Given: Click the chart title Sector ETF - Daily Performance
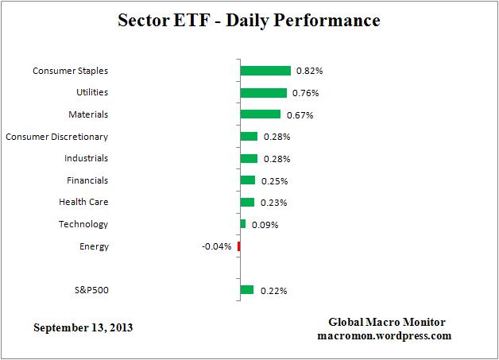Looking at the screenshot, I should [x=249, y=19].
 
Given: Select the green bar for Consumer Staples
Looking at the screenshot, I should [x=265, y=71].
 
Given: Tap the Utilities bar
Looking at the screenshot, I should [x=263, y=93].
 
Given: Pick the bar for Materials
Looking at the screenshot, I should [x=260, y=114].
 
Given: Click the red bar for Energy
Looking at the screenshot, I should [x=238, y=246].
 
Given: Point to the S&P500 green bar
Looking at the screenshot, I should [x=246, y=290].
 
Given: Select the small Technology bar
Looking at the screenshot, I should [x=242, y=224].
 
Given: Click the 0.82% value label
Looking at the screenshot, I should [x=309, y=71].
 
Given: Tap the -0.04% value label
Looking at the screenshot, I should [x=217, y=246].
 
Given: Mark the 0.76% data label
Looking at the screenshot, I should [x=305, y=93].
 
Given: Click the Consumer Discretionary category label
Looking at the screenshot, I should [x=56, y=137].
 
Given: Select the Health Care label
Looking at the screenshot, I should [x=83, y=203].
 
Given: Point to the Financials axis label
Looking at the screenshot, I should [x=87, y=180].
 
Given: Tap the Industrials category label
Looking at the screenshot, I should [x=87, y=158].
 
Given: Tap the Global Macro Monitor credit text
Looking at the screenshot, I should [x=387, y=322].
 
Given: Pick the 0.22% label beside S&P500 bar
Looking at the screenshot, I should [x=273, y=291].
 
